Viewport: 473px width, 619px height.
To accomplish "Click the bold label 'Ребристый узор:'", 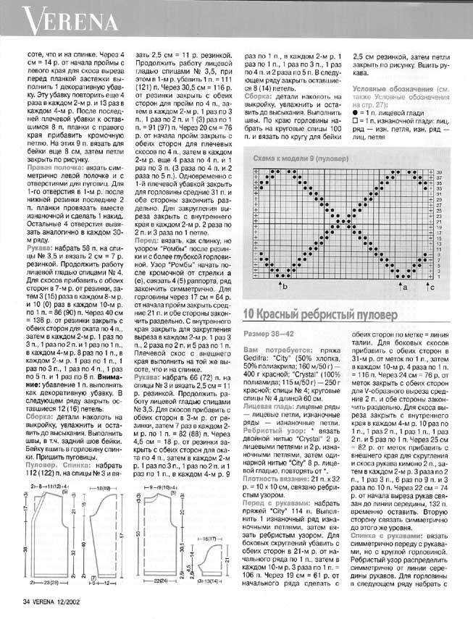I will tap(272, 389).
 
